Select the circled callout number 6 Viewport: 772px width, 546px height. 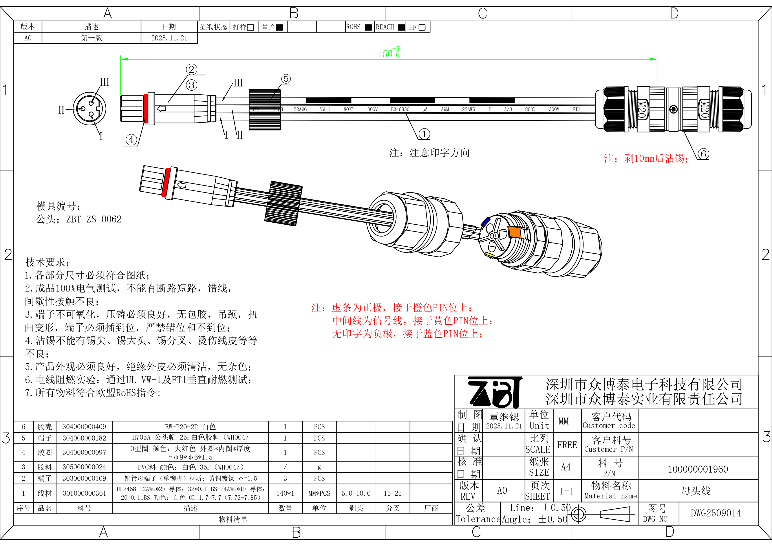click(x=703, y=154)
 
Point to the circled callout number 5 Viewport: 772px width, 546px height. click(x=285, y=79)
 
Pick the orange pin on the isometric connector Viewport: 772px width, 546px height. click(x=514, y=232)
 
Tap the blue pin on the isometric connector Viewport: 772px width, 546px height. click(x=485, y=222)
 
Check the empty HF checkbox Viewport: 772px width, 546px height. click(x=422, y=27)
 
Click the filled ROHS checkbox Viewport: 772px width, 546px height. click(x=368, y=27)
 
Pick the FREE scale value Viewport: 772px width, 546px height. click(x=567, y=445)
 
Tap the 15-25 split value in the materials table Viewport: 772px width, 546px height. click(x=392, y=493)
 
